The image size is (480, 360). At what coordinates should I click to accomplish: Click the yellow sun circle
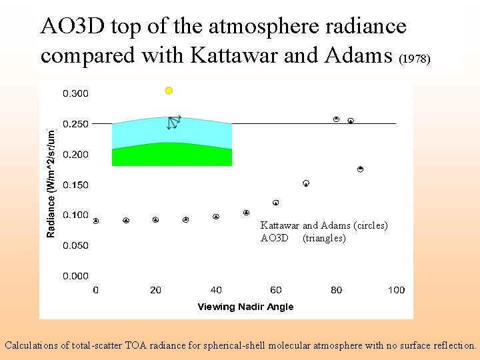click(169, 91)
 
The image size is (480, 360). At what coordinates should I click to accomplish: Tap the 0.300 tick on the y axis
click(75, 93)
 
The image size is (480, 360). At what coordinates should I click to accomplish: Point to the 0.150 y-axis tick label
click(75, 185)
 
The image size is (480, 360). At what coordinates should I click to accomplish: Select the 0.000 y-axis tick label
click(75, 275)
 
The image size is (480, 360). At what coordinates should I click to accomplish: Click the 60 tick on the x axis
click(276, 290)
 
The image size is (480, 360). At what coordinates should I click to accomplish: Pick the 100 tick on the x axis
click(396, 290)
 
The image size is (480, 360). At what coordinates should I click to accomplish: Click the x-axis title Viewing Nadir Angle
click(245, 307)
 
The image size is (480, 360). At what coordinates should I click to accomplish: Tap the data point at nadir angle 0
click(96, 221)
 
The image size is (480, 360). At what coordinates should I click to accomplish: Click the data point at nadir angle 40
click(216, 217)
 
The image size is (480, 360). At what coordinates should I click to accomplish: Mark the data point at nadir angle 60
click(275, 202)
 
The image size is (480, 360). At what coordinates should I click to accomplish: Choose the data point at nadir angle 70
click(306, 183)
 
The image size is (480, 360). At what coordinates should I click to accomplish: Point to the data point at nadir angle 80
click(337, 119)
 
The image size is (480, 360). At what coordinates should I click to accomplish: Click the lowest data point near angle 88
click(360, 169)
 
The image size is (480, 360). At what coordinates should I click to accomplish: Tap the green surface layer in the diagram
click(172, 155)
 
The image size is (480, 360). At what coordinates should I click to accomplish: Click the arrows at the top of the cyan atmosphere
click(174, 122)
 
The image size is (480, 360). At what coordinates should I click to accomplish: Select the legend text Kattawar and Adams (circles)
click(324, 226)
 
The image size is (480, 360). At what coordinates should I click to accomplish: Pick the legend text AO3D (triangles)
click(303, 238)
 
